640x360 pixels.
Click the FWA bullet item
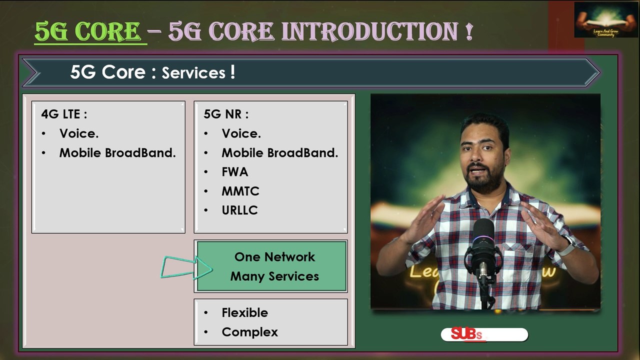point(234,172)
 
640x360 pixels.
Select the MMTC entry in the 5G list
point(240,191)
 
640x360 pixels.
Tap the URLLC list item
point(239,210)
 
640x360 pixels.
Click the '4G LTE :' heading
point(64,114)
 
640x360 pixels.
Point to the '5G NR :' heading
point(226,114)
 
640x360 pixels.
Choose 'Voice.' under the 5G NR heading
point(241,133)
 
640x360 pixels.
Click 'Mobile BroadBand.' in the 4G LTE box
point(117,153)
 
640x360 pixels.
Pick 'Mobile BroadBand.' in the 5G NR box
point(280,153)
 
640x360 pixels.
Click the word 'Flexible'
point(244,312)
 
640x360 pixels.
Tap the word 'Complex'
point(249,332)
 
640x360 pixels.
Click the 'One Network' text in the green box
point(274,257)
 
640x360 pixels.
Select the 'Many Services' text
point(274,276)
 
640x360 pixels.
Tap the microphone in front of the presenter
point(483,245)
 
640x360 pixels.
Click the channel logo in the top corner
point(598,20)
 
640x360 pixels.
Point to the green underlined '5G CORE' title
point(88,31)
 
